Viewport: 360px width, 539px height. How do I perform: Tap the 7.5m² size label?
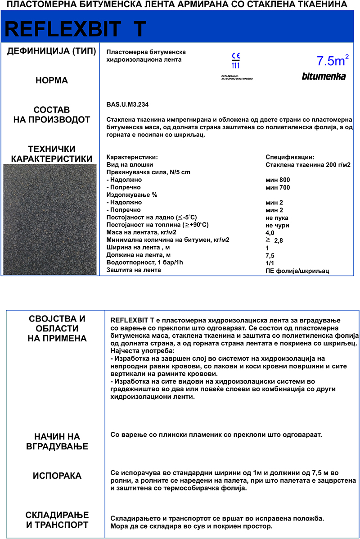pos(333,60)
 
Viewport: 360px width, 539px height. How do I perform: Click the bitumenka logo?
pos(324,77)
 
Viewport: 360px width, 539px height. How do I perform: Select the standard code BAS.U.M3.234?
pos(127,104)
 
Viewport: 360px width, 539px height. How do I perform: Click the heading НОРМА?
pos(52,81)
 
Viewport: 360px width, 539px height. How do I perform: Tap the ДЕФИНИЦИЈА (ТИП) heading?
pos(52,51)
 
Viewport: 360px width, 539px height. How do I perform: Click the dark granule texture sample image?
pos(50,219)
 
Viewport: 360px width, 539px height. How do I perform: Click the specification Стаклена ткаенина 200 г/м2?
pos(308,165)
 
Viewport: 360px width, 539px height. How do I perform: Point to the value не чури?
pos(277,225)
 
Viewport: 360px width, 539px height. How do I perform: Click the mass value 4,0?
pos(270,233)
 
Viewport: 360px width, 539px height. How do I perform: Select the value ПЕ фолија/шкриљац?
pos(297,271)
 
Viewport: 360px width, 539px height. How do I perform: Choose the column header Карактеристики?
pos(132,157)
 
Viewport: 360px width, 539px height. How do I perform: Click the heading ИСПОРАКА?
pos(57,476)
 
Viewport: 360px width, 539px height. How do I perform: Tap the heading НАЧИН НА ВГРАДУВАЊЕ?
pos(57,441)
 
